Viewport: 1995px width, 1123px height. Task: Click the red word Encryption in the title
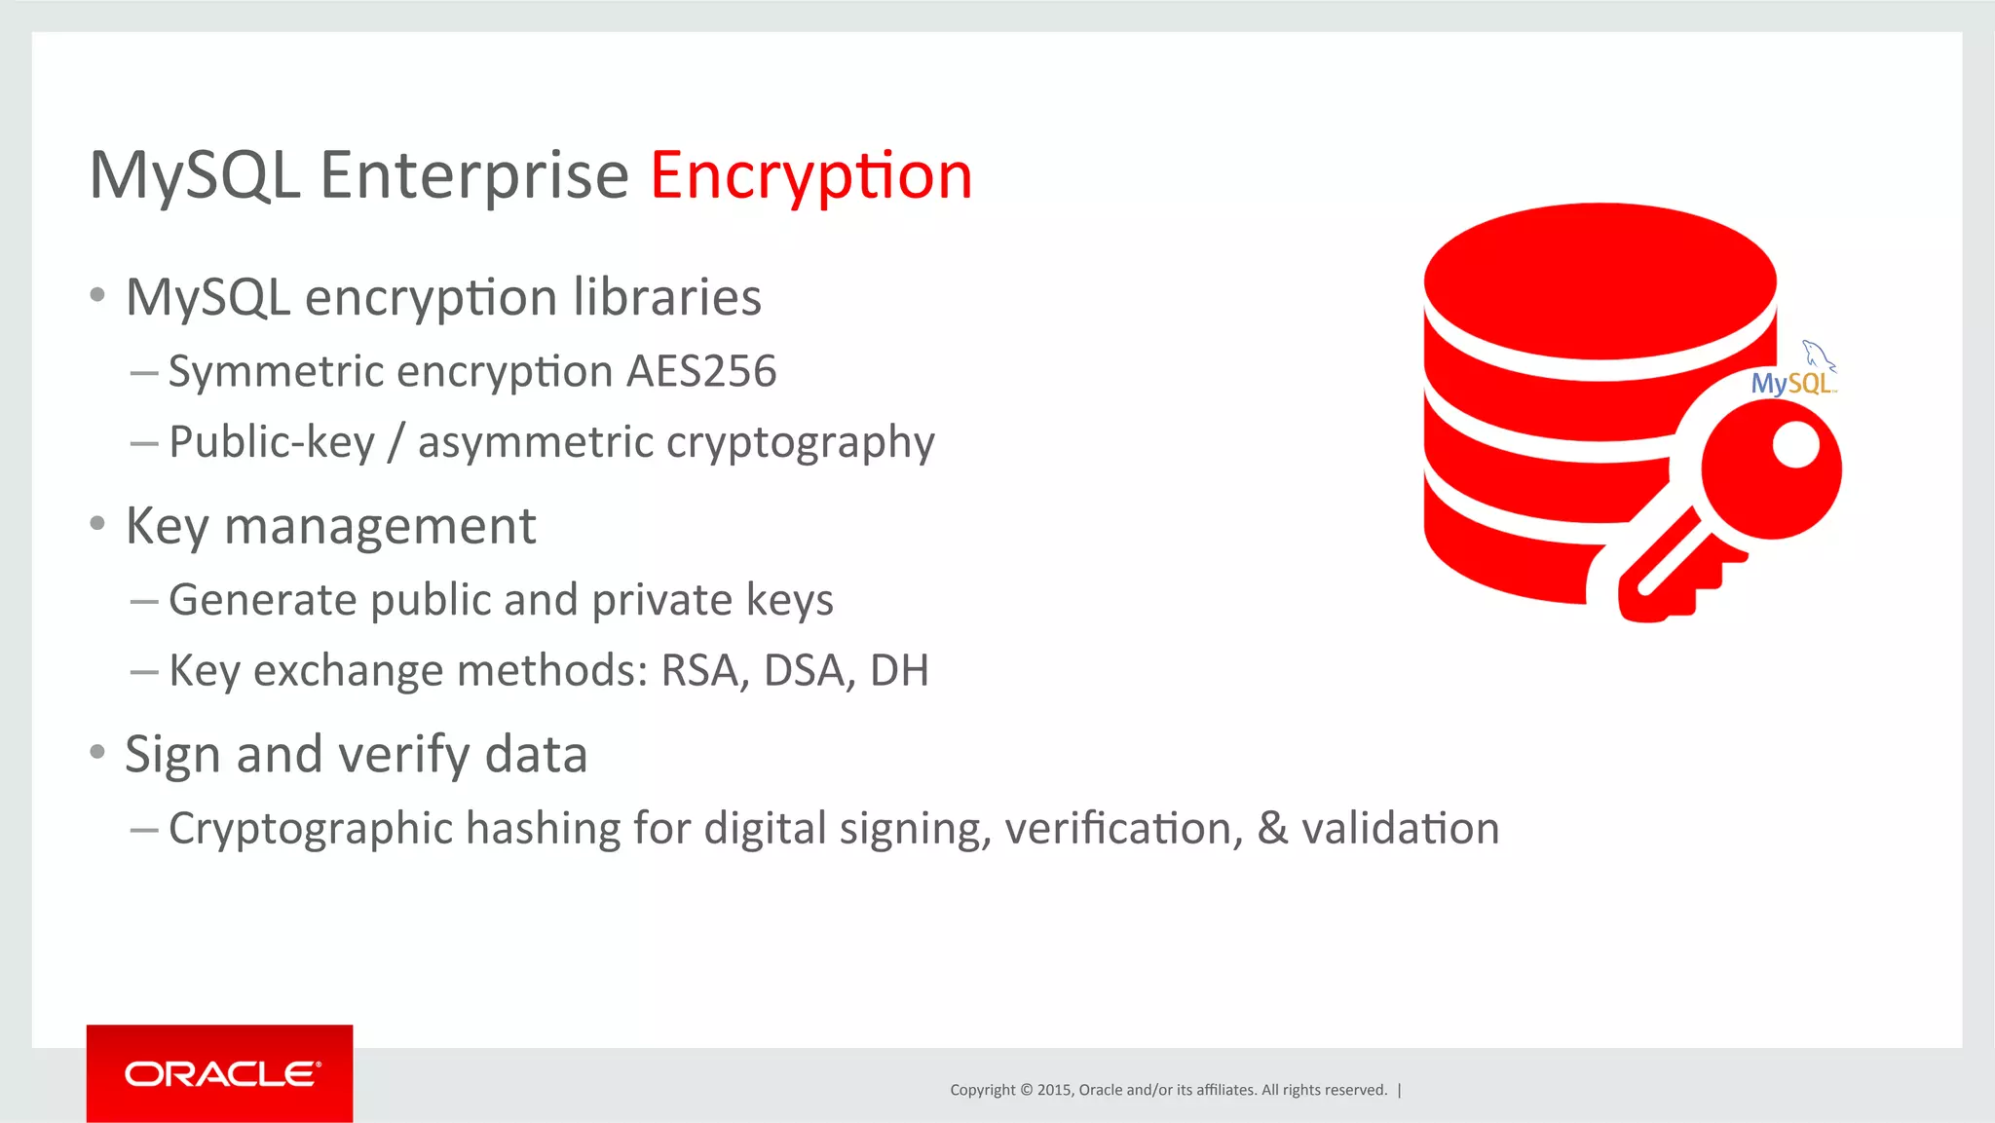810,176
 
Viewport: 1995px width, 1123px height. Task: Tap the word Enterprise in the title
474,176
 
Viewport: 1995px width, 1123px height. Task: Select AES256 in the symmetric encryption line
701,371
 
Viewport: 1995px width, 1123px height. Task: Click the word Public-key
272,442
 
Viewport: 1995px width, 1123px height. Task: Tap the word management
380,526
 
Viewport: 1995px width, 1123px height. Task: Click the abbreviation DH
899,670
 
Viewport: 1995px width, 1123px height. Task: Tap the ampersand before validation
1272,828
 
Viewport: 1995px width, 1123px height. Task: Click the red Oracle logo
220,1073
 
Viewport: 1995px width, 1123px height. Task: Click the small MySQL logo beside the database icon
1795,375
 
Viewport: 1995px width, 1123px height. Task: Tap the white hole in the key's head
1795,446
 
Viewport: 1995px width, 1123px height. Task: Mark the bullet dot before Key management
97,524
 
